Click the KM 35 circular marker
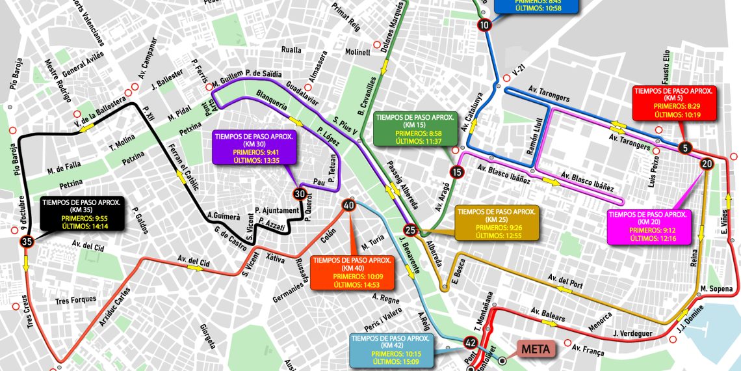pos(27,241)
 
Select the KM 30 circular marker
pos(299,193)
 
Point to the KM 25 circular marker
pos(410,230)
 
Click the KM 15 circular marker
pos(457,172)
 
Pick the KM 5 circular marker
pos(685,148)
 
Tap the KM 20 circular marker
pos(707,164)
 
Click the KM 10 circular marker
pos(484,25)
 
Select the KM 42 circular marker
pos(471,342)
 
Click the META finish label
pos(536,350)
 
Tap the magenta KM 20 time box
pos(647,227)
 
